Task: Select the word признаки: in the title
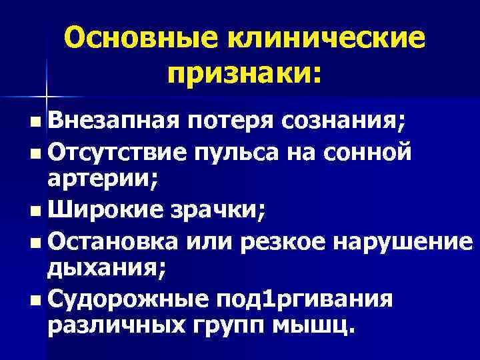pos(244,73)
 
